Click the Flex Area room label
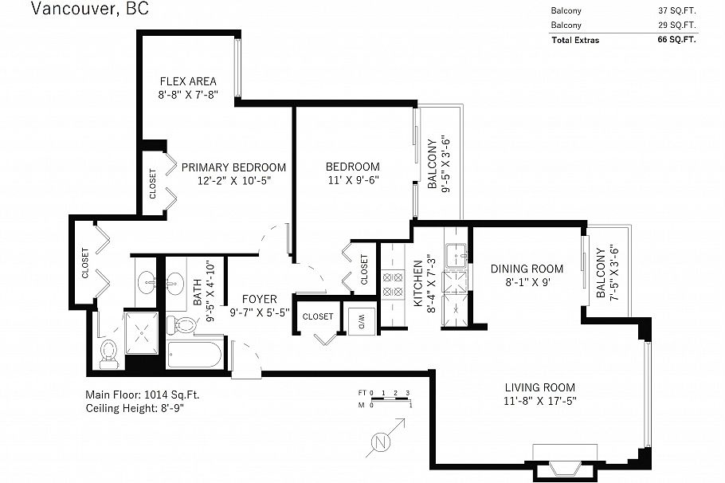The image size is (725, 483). pos(188,81)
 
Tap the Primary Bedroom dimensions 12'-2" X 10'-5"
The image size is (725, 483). pos(234,180)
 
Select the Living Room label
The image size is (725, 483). pos(539,387)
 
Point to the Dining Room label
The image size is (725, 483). pos(527,269)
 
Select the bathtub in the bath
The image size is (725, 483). pos(194,355)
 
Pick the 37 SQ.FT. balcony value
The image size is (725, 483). pos(677,10)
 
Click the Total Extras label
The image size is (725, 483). pos(575,40)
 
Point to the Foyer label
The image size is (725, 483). pos(260,300)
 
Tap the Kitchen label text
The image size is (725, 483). pos(418,283)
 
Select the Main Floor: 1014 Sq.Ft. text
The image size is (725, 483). pos(143,395)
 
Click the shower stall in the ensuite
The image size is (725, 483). pos(142,332)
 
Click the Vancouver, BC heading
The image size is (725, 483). pos(90,9)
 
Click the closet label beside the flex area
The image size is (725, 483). pos(153,183)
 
